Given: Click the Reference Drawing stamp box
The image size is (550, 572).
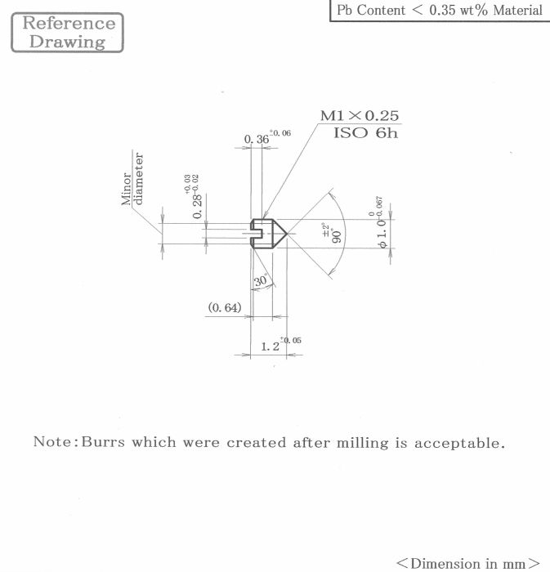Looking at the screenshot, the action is (x=68, y=33).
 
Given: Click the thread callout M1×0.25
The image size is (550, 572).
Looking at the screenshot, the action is (x=360, y=116).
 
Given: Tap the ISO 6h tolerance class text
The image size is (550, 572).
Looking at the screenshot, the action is (x=365, y=132).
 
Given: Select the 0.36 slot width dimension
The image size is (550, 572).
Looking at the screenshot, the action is (x=257, y=139).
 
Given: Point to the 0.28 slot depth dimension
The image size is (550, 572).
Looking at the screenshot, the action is (x=197, y=207).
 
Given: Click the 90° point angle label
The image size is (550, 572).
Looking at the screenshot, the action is (x=337, y=236).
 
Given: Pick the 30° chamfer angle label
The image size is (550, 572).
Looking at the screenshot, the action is (x=262, y=280).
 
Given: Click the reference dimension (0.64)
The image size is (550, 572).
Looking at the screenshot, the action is (x=225, y=307).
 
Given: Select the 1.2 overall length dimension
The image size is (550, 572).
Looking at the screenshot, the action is (x=271, y=346).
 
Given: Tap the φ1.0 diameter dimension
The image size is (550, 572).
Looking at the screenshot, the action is (x=382, y=234).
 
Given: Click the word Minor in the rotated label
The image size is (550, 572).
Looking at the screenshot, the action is (x=126, y=189).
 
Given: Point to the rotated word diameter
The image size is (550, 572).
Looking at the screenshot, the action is (x=138, y=179).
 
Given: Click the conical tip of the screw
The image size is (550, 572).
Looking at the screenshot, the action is (x=287, y=234).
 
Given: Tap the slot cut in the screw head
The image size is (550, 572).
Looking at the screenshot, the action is (x=257, y=234).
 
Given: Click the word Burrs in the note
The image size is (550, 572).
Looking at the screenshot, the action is (x=103, y=442).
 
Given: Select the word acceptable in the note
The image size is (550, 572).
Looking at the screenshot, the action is (x=459, y=444).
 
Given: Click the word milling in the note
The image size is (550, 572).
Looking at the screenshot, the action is (x=363, y=443).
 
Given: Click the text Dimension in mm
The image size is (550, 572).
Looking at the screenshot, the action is (x=468, y=563).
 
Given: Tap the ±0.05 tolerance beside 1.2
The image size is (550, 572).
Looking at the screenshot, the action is (x=291, y=341).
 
